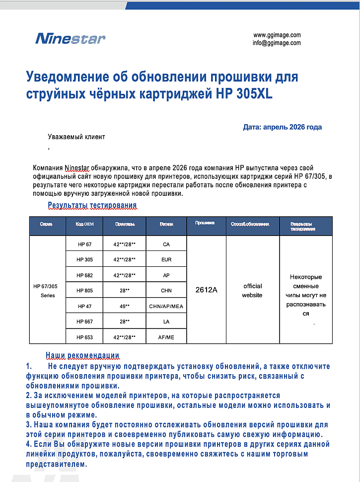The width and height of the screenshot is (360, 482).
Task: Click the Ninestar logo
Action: coord(70,38)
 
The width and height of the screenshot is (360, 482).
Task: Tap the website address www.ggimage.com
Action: coord(277,35)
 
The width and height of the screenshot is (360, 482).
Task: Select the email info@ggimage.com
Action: coord(277,43)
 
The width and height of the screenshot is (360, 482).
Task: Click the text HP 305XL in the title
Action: coord(244,94)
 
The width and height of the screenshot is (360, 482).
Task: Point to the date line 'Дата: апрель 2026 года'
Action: coord(282,127)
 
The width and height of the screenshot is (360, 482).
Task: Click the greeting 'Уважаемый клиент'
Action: coord(76,137)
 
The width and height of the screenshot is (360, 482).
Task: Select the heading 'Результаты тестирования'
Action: coord(92,205)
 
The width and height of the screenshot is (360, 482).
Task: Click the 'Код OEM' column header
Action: coord(85,224)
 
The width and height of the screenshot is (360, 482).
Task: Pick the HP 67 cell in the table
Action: coord(85,244)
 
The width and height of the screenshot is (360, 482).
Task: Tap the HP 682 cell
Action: coord(85,275)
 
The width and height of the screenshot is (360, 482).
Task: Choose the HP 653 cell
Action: coord(85,337)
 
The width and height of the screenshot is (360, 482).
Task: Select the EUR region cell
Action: coord(166,260)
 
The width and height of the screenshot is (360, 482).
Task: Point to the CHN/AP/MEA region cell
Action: coord(166,307)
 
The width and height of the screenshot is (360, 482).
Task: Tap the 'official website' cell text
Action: coord(252,291)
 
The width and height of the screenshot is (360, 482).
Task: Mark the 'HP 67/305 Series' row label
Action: coord(45,291)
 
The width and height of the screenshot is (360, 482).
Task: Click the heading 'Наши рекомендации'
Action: coord(82,355)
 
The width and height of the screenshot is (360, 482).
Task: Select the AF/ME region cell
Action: coord(166,337)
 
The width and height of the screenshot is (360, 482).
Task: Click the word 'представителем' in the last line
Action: coord(57,465)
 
